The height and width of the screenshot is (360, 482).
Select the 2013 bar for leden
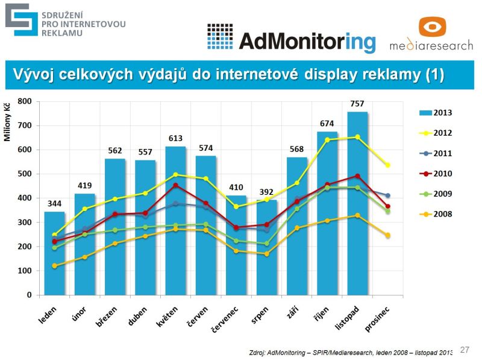[x=54, y=253]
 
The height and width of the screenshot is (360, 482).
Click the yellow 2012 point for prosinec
[x=388, y=165]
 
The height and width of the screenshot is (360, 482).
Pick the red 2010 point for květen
[x=175, y=186]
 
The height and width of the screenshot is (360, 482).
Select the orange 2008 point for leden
[x=54, y=266]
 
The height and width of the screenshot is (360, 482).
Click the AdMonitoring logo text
[x=307, y=40]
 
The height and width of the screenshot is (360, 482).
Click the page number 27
[x=465, y=349]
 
